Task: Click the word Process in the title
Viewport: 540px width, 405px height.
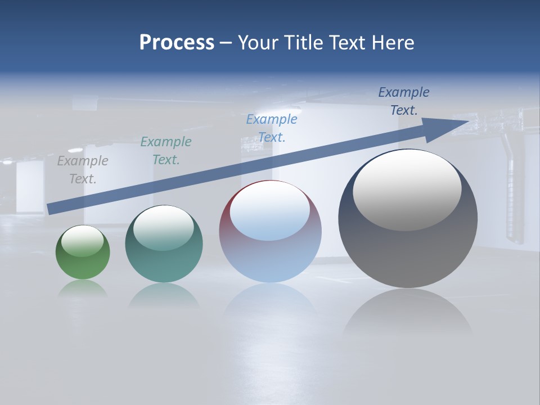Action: (177, 43)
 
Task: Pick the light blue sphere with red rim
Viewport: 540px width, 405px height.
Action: (270, 247)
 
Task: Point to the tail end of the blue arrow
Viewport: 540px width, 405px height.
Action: (51, 209)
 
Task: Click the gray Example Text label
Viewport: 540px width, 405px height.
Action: (83, 170)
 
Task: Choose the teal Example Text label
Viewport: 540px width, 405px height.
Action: (166, 151)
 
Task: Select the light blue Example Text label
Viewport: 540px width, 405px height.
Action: (272, 128)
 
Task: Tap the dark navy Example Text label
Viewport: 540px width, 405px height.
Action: (404, 101)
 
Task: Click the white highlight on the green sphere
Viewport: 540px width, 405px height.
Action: (83, 241)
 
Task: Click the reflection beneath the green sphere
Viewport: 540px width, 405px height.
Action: (83, 288)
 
